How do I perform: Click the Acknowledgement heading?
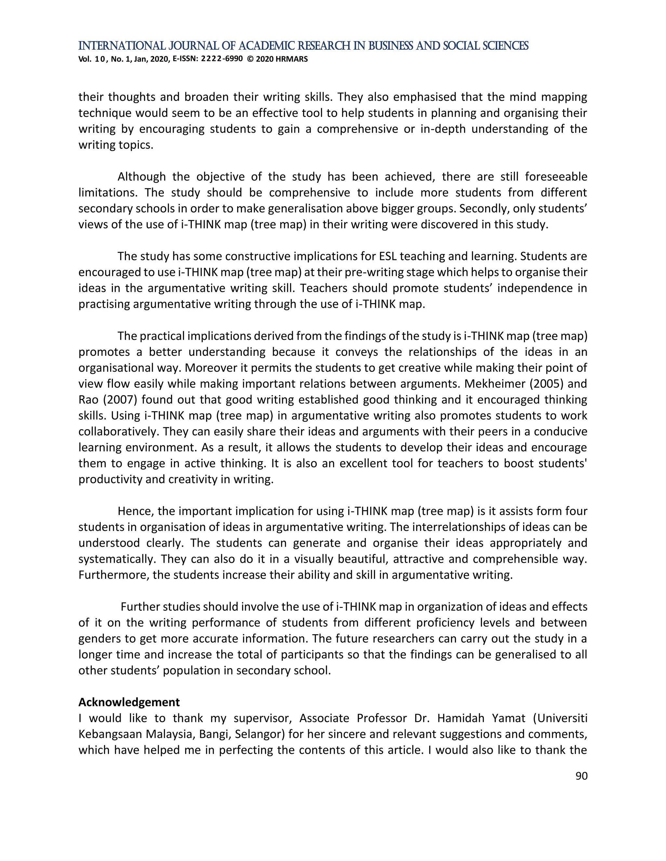point(129,702)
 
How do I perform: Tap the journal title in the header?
point(303,46)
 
